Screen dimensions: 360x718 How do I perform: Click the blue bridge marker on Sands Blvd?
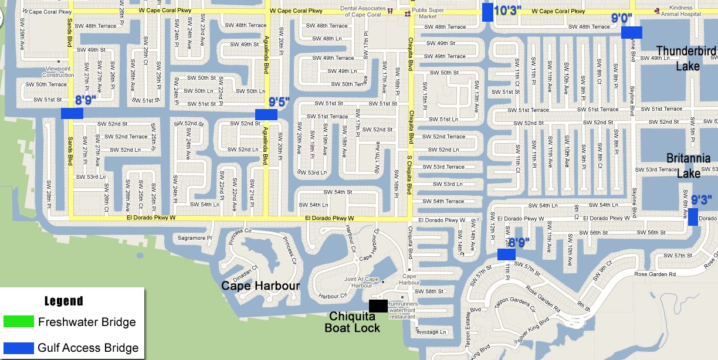coord(72,114)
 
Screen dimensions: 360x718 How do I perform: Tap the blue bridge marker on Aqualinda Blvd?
coord(266,114)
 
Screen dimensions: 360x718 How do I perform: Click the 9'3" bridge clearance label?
coord(701,201)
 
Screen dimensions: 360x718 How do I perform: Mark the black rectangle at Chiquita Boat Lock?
coord(378,305)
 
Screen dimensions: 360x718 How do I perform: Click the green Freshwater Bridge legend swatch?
coord(18,321)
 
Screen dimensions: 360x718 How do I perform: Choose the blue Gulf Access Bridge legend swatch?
coord(18,348)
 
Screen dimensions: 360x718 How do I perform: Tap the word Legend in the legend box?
coord(63,301)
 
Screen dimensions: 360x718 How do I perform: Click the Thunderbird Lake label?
coord(686,59)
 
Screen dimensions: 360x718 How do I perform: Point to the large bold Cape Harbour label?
coord(260,286)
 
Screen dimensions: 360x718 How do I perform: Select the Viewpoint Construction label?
coord(59,72)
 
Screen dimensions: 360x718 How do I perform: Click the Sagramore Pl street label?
coord(195,238)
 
